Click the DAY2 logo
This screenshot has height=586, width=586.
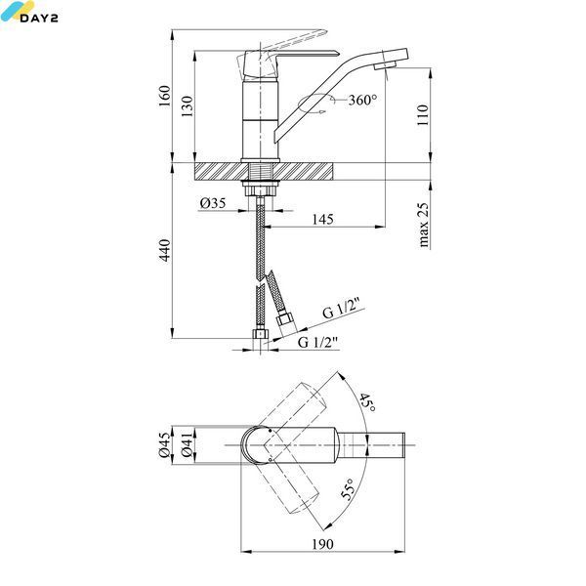(29, 12)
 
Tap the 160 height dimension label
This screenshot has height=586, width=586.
(164, 96)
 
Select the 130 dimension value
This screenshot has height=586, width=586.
(188, 106)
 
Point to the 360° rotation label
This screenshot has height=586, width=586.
(362, 100)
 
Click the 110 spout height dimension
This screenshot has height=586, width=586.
(423, 115)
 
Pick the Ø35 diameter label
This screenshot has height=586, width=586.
(213, 203)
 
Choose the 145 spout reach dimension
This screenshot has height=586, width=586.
(323, 219)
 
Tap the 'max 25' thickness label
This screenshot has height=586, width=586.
(423, 225)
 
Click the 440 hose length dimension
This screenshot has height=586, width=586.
(164, 250)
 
